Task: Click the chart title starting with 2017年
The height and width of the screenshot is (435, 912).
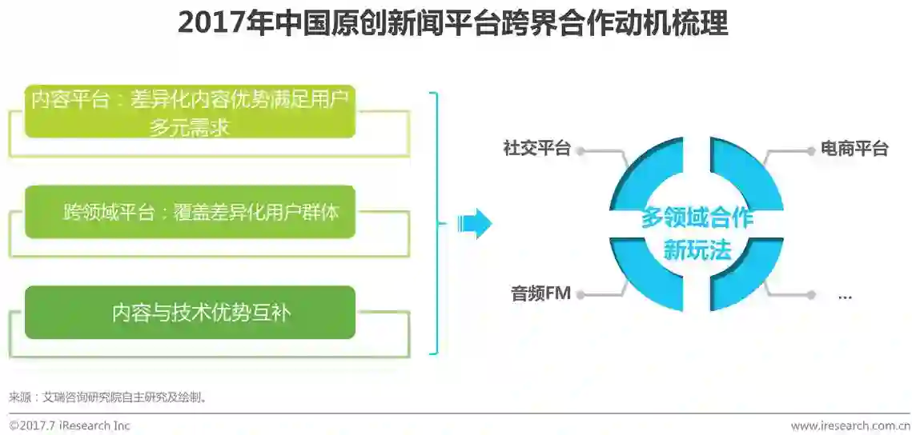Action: [x=452, y=23]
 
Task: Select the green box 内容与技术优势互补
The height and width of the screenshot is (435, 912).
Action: [x=190, y=312]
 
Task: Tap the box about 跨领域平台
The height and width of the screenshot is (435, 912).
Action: [x=190, y=212]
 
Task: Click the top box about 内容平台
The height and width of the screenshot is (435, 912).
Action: [x=190, y=111]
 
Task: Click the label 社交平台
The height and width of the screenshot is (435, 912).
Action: [x=536, y=149]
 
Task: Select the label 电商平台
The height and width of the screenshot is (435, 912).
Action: [x=854, y=149]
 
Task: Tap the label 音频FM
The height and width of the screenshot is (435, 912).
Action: [x=541, y=293]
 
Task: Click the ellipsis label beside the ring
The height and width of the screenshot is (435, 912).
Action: [x=845, y=295]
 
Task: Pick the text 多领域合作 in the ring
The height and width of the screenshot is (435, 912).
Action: [x=697, y=217]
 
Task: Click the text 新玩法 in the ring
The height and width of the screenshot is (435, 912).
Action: [x=697, y=250]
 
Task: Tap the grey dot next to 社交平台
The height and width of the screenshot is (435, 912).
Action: [x=581, y=150]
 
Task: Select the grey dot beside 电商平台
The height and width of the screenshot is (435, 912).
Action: [x=811, y=150]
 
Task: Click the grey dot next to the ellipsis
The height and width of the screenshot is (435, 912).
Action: [x=811, y=294]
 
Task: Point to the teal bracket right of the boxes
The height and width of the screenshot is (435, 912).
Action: [x=435, y=223]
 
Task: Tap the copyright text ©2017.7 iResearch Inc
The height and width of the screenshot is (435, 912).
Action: [x=70, y=425]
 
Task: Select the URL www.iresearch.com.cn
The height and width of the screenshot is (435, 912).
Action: [x=850, y=425]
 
